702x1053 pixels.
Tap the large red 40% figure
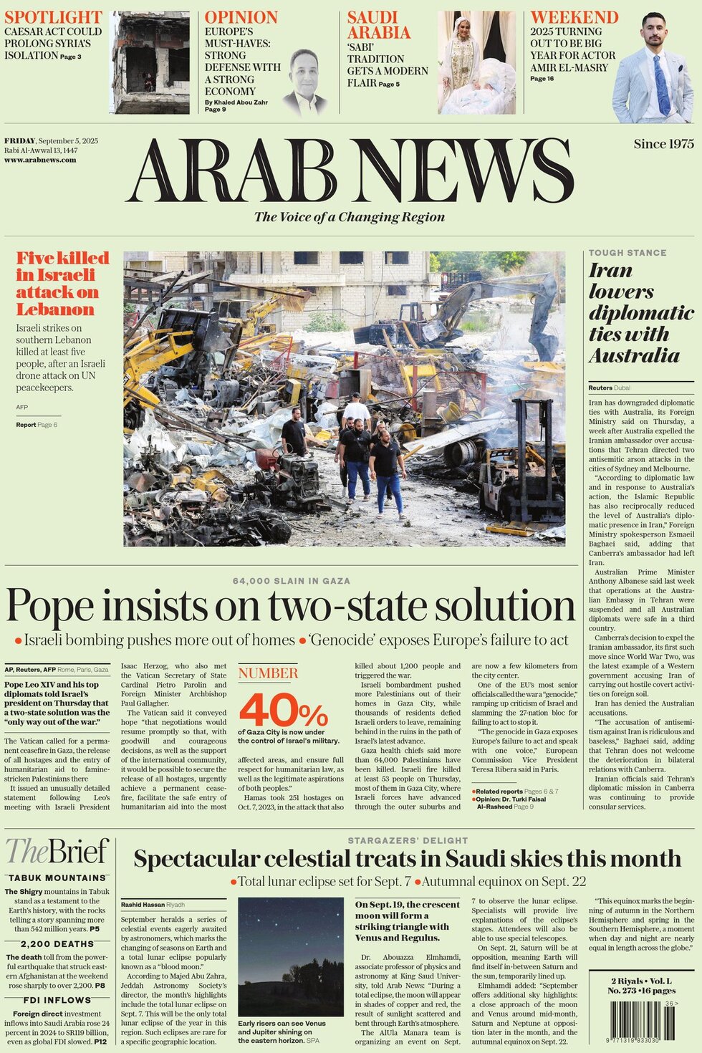coord(283,710)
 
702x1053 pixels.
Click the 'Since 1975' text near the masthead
coord(663,144)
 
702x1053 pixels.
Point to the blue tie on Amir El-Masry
coord(662,85)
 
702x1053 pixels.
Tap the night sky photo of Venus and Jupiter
coord(291,956)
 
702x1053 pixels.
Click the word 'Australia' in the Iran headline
coord(634,355)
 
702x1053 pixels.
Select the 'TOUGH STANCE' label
coord(628,253)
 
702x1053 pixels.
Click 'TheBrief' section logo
coord(57,852)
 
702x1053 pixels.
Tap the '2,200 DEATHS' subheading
coord(57,944)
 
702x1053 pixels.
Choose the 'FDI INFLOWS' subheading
coord(57,1000)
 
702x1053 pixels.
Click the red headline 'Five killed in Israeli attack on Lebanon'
coord(62,284)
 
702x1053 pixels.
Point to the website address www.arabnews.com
coord(40,160)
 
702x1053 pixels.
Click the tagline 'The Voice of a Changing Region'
coord(350,217)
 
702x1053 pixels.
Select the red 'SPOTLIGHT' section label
coord(53,17)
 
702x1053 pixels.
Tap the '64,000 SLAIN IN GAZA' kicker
coord(292,581)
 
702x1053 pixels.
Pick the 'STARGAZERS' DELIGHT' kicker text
coord(408,840)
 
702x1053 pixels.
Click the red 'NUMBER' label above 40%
coord(268,673)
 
